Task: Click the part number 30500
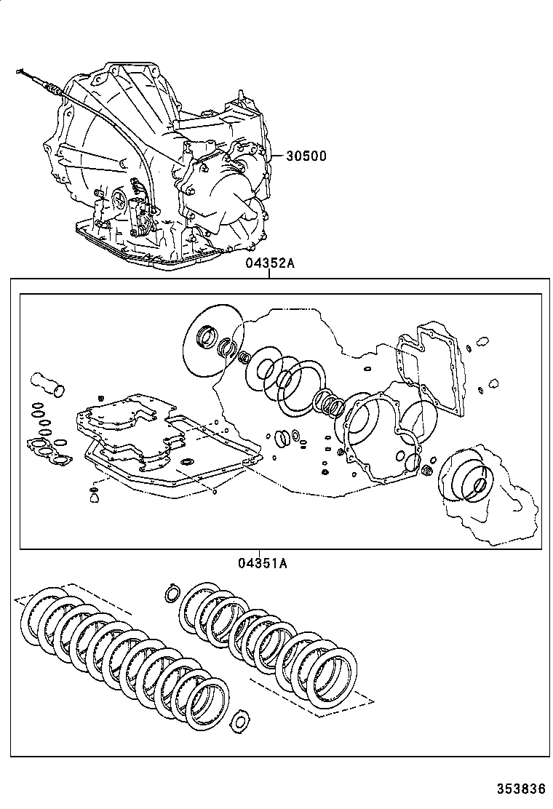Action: tap(306, 155)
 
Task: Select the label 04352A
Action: tap(269, 263)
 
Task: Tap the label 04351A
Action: tap(262, 562)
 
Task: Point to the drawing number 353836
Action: tap(520, 789)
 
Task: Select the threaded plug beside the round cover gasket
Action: tap(427, 471)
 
